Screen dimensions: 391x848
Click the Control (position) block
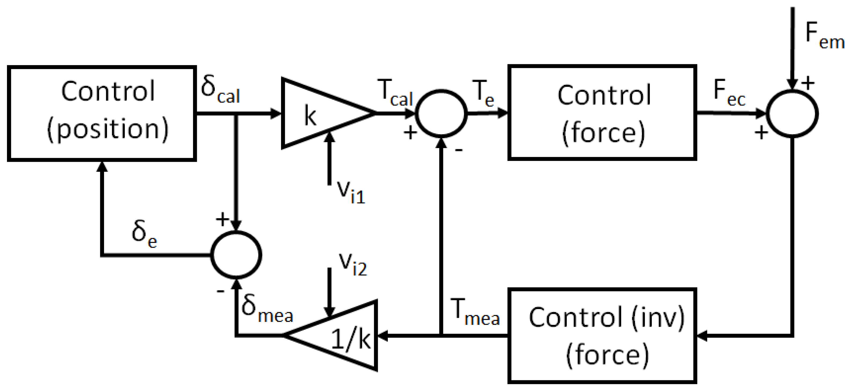pos(102,114)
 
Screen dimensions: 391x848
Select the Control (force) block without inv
pos(602,112)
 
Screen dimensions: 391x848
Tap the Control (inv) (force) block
pos(602,335)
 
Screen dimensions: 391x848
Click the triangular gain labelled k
pos(319,114)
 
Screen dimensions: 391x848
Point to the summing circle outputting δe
pos(236,255)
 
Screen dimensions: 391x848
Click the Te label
pos(483,94)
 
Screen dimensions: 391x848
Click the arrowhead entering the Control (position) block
pos(102,167)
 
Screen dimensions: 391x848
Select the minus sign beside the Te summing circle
pos(459,150)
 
